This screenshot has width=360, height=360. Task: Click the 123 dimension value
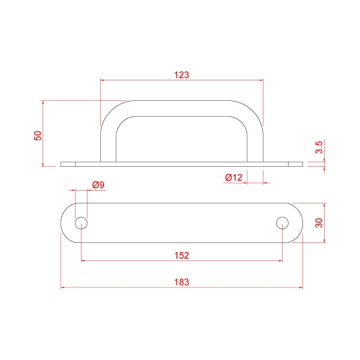[182, 75]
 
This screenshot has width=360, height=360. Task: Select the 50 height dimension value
[38, 136]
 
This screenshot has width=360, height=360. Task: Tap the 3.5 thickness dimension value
[319, 148]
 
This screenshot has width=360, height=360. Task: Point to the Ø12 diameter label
[233, 178]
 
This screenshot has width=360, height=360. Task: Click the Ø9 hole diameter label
[98, 185]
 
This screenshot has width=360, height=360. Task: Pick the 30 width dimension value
[319, 223]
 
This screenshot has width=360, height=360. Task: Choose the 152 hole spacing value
[182, 256]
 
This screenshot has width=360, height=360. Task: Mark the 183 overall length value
[182, 282]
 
